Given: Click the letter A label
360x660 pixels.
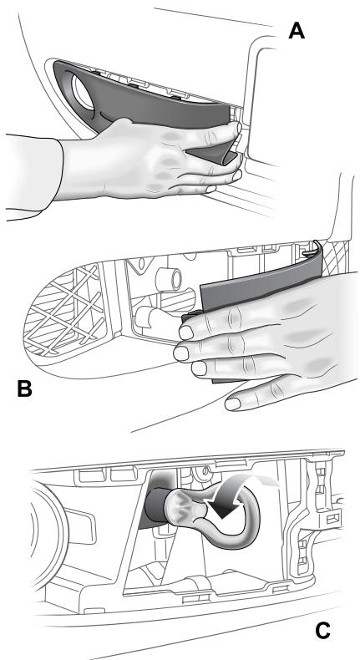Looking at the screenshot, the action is pyautogui.click(x=297, y=31).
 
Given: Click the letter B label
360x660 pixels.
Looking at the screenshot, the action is pyautogui.click(x=25, y=388).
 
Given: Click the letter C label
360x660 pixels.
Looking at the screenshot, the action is pyautogui.click(x=322, y=631).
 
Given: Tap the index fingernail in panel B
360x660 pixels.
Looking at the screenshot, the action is pyautogui.click(x=186, y=333).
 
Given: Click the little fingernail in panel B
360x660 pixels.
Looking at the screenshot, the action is pyautogui.click(x=232, y=404).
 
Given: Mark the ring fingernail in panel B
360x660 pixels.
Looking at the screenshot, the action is pyautogui.click(x=199, y=368).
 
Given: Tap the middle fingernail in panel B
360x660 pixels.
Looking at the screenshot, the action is pyautogui.click(x=180, y=353).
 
